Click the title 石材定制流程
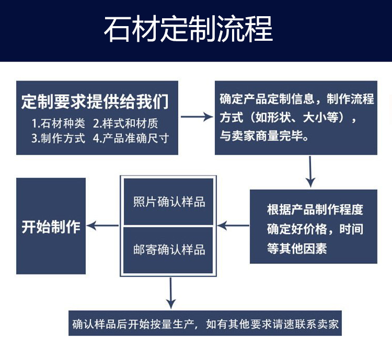point(188,29)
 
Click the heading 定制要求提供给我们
point(95,101)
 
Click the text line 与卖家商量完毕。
point(264,137)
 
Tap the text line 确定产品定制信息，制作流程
point(296,99)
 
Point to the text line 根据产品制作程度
point(315,210)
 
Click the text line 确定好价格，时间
point(315,229)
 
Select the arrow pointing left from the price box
point(233,226)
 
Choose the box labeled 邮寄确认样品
point(169,249)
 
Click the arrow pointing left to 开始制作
point(103,226)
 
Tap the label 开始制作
point(51,227)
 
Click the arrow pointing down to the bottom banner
point(170,294)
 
